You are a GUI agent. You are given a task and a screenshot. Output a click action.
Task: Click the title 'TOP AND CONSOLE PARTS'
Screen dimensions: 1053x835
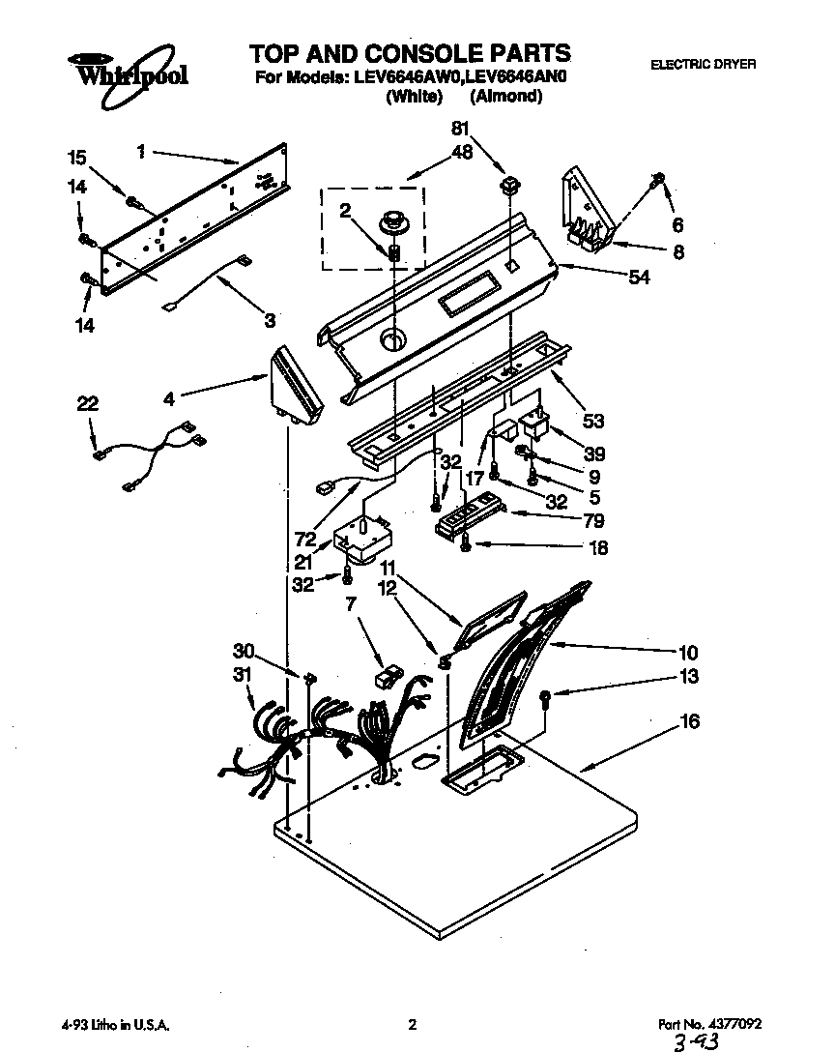tap(410, 52)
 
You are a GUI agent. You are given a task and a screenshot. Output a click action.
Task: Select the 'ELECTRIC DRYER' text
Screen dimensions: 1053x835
tap(703, 65)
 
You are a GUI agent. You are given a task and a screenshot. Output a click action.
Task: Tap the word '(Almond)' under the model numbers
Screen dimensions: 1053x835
tap(505, 97)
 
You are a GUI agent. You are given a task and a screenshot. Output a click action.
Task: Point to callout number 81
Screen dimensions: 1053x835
tap(462, 128)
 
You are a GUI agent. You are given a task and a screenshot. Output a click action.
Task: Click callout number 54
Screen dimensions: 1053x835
tap(639, 278)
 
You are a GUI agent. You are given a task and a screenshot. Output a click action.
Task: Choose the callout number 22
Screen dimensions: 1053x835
tap(89, 403)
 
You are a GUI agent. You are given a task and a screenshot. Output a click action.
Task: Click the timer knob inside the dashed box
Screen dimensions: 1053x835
tap(393, 219)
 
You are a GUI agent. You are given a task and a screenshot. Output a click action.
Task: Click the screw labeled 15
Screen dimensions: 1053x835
tap(131, 202)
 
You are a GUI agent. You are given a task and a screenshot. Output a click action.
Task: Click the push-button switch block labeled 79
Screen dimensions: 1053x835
tap(471, 515)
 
